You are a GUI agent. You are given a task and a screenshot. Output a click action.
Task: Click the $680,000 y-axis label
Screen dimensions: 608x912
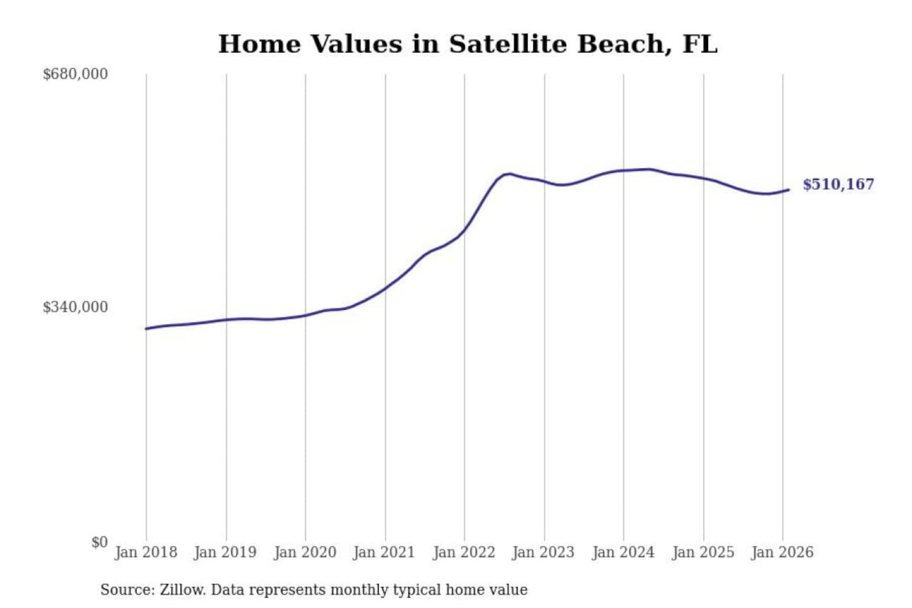click(x=75, y=74)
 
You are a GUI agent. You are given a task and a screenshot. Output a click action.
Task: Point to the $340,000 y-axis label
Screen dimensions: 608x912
click(x=75, y=307)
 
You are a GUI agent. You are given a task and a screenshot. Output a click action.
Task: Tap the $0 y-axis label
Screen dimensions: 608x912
click(x=99, y=542)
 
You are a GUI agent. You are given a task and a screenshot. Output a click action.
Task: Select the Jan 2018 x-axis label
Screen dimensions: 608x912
click(x=146, y=552)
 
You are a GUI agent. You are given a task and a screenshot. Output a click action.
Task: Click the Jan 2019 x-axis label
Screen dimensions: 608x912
click(x=225, y=552)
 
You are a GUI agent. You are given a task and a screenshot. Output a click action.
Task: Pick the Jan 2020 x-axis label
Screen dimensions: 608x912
click(x=305, y=552)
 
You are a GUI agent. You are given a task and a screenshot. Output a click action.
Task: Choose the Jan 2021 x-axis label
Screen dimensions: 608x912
click(x=384, y=552)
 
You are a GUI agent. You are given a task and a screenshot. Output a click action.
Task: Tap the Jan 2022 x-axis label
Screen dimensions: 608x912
click(x=464, y=552)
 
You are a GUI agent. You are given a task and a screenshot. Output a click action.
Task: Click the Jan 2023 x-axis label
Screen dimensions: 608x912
click(x=543, y=552)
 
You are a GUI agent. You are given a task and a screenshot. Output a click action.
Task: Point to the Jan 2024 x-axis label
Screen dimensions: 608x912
click(x=623, y=552)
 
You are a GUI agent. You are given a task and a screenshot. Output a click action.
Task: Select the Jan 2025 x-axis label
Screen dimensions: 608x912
click(x=702, y=552)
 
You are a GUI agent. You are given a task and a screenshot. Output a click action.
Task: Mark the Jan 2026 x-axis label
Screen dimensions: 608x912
click(x=782, y=552)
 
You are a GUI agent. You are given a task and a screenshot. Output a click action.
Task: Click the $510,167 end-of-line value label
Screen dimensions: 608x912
click(x=838, y=184)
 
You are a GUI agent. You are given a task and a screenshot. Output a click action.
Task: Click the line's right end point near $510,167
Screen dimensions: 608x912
click(x=788, y=189)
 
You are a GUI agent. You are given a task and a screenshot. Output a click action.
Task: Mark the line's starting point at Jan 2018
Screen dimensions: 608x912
click(x=146, y=329)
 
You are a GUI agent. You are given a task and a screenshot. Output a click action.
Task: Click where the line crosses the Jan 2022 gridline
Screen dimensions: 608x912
click(x=464, y=231)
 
